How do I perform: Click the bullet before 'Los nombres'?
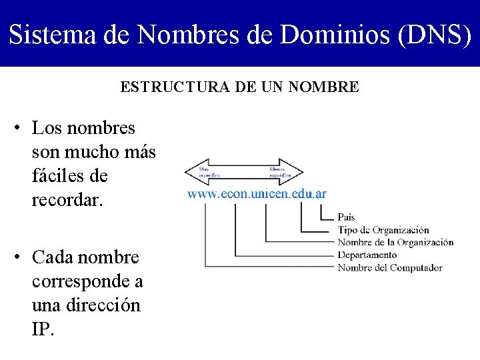21,127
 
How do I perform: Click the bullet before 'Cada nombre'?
21,257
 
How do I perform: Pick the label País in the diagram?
346,217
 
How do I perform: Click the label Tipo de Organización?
383,230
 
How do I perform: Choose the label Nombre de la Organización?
395,243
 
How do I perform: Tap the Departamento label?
367,255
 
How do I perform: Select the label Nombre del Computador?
390,268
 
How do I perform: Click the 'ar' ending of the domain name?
320,194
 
